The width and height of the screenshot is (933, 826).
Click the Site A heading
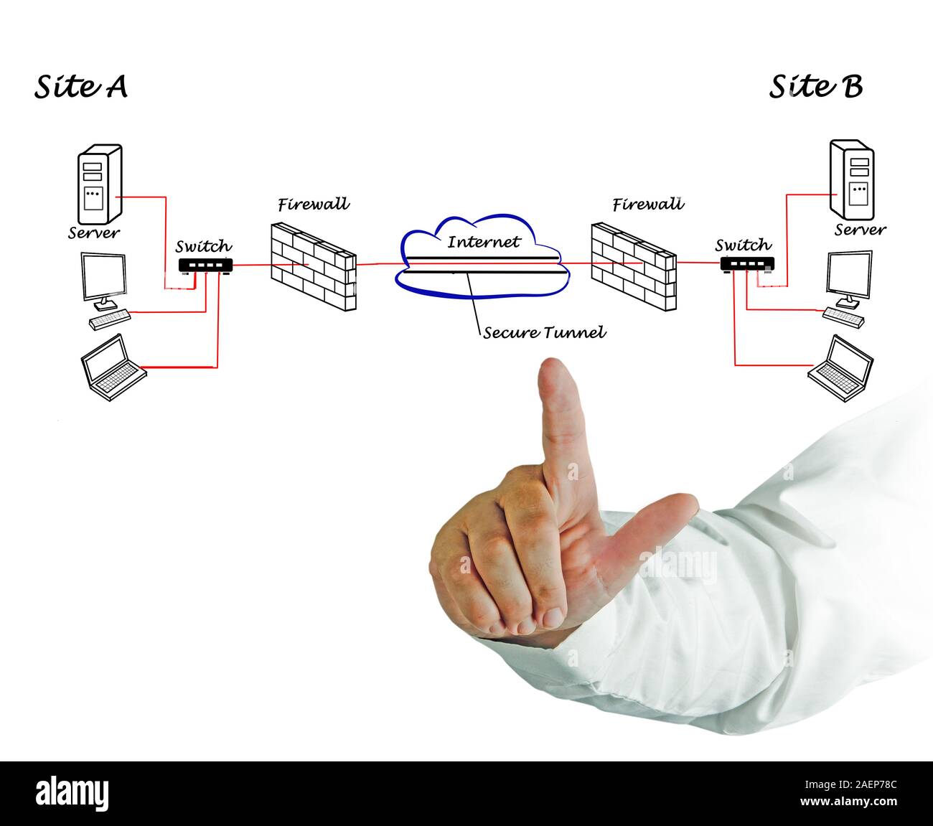(x=81, y=87)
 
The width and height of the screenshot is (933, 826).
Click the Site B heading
(x=816, y=87)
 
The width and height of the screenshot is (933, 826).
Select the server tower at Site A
(x=99, y=184)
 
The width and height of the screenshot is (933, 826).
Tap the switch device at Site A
(x=205, y=266)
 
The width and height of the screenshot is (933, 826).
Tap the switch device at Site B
(x=747, y=264)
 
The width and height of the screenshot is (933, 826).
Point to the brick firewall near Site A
(x=313, y=266)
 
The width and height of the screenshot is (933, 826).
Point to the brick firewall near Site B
(x=633, y=266)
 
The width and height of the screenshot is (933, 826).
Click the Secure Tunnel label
(x=544, y=332)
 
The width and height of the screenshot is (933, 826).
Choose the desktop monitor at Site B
(x=850, y=276)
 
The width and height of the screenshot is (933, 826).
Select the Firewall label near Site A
(x=314, y=205)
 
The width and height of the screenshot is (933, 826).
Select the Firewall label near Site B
(x=648, y=205)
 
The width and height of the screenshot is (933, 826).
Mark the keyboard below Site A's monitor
(x=110, y=319)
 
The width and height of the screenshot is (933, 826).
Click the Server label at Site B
(x=860, y=230)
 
